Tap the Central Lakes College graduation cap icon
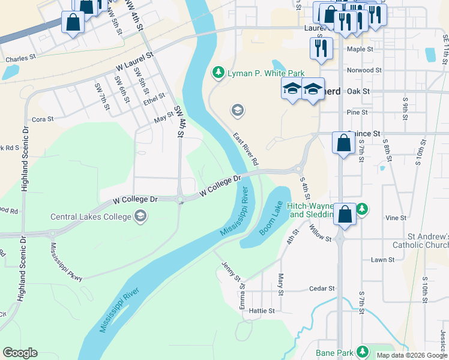(x=140, y=216)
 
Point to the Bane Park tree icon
(x=362, y=352)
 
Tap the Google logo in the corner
(x=20, y=353)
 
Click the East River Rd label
(x=246, y=149)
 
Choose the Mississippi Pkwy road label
(x=66, y=262)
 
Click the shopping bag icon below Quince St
(x=343, y=144)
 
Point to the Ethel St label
(x=154, y=98)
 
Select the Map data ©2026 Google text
(x=412, y=355)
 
